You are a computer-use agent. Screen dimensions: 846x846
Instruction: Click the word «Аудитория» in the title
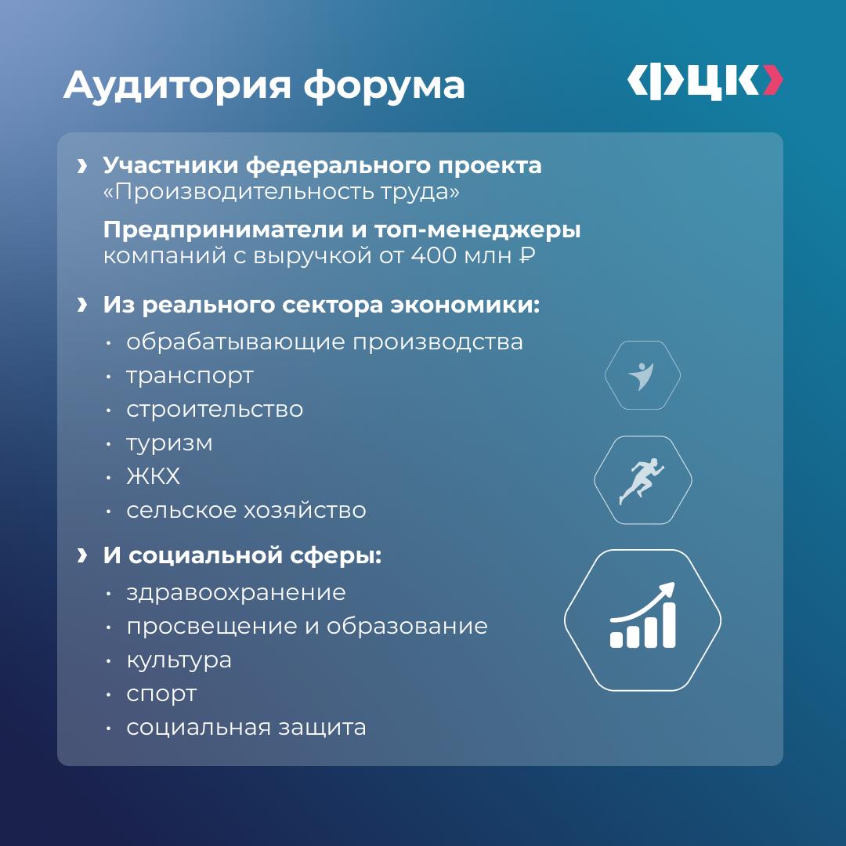pos(178,85)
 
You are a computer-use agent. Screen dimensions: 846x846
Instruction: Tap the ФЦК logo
pos(705,82)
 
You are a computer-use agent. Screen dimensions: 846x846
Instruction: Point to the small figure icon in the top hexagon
pos(642,376)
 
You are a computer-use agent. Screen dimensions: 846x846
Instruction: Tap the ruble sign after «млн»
pos(527,255)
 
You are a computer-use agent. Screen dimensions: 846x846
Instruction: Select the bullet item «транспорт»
pos(190,377)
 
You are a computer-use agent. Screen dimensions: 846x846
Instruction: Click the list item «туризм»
pos(169,444)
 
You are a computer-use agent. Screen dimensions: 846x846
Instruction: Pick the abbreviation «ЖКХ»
pos(154,476)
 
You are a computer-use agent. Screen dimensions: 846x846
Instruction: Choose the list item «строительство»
pos(215,410)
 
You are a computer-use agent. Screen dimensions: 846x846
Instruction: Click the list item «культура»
pos(179,660)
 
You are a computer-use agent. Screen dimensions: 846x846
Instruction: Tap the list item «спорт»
pos(161,695)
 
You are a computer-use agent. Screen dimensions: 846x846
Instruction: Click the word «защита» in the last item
pos(322,728)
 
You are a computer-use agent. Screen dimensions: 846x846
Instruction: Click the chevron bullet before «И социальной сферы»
pos(82,555)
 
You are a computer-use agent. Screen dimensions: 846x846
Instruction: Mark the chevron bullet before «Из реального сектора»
pos(82,305)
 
